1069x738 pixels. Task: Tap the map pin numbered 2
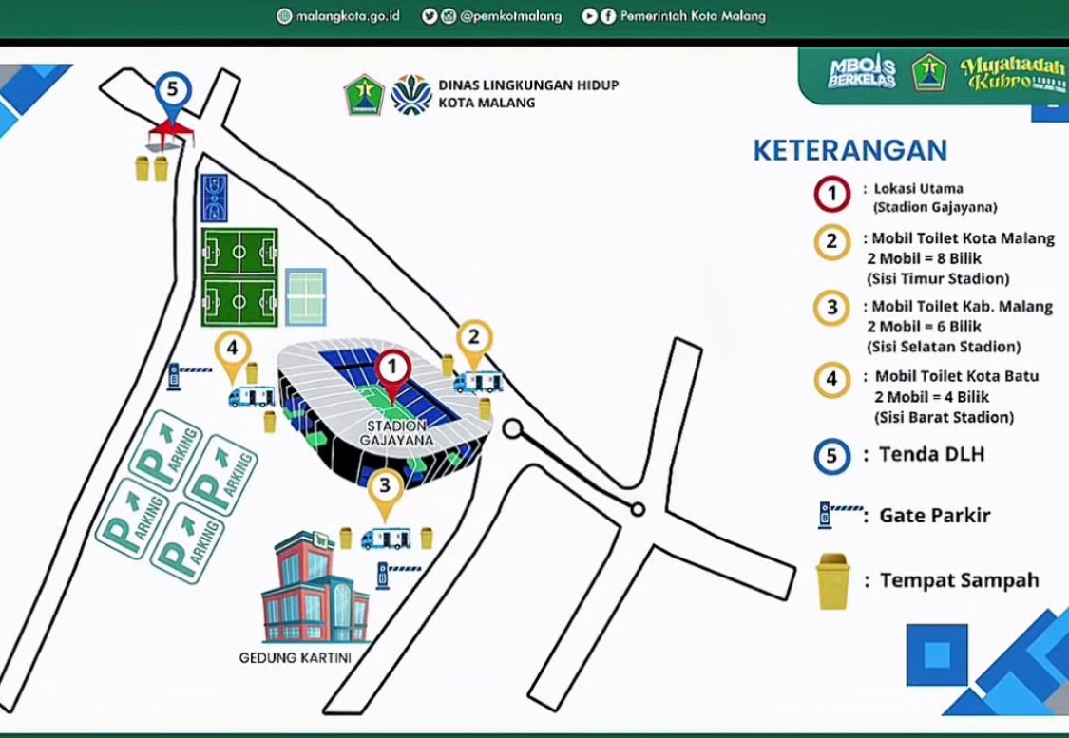pos(474,339)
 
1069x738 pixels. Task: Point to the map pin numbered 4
pos(232,350)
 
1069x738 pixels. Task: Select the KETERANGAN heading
pos(849,150)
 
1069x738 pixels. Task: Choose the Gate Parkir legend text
pos(934,516)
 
